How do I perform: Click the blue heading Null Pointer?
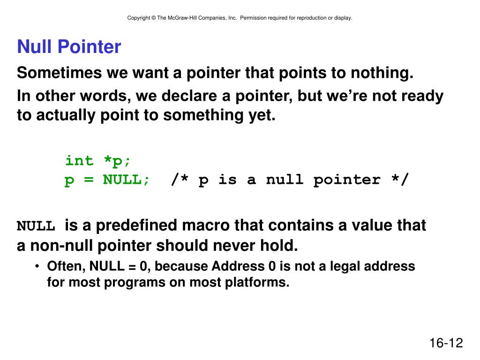(x=69, y=47)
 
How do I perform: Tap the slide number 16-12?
(x=446, y=343)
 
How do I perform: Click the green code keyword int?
(x=79, y=161)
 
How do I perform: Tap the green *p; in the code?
(x=118, y=161)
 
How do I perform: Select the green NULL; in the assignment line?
(x=127, y=180)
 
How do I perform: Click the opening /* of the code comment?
(x=180, y=180)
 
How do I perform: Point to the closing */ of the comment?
(x=399, y=180)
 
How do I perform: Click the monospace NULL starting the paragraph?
(x=37, y=226)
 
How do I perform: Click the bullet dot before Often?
(x=37, y=267)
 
